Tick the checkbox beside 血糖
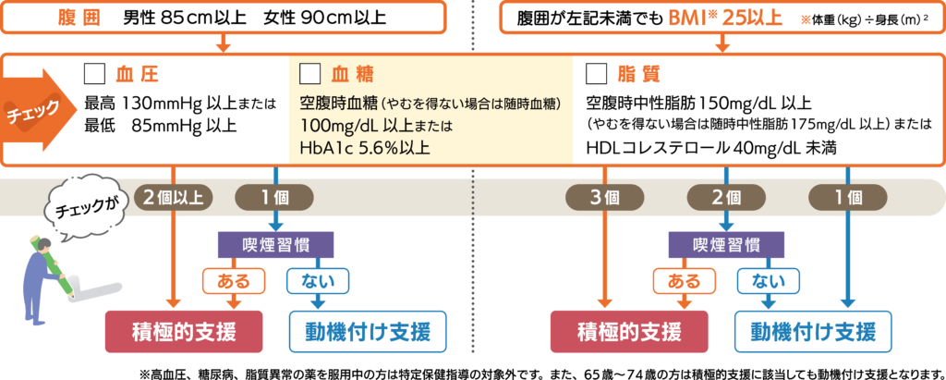click(311, 73)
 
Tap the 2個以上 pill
click(174, 196)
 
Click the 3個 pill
click(604, 196)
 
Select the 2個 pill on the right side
click(726, 196)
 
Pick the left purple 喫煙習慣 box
click(274, 244)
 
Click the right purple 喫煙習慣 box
click(726, 244)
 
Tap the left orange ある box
click(233, 278)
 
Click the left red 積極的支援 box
click(185, 330)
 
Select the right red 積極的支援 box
click(629, 330)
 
